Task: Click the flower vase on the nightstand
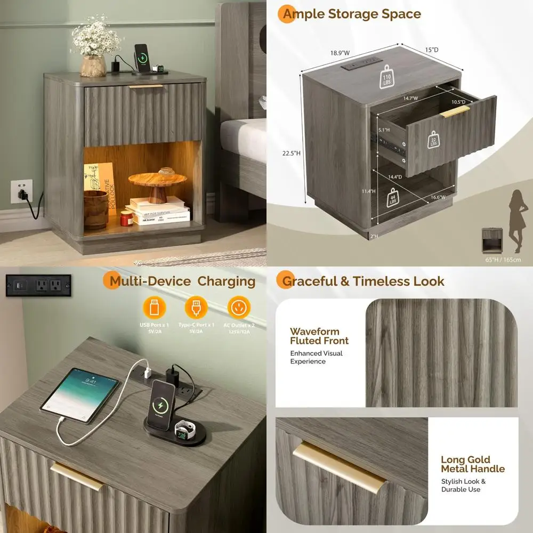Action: point(93,65)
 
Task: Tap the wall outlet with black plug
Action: point(21,191)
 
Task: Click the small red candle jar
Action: point(126,219)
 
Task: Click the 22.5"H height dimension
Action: point(292,153)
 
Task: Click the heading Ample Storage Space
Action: point(352,14)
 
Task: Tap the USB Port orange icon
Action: point(154,308)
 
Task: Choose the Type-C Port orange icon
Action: point(196,308)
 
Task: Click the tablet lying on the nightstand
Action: point(80,394)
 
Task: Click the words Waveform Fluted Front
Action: point(319,336)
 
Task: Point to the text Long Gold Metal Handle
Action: point(472,464)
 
